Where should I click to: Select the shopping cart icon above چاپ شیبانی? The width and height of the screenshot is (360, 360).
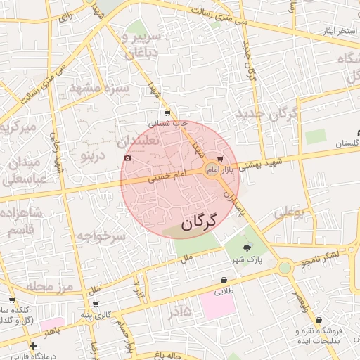(167, 112)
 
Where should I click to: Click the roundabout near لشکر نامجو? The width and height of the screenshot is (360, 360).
(284, 267)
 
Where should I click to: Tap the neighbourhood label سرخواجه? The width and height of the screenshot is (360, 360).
(101, 237)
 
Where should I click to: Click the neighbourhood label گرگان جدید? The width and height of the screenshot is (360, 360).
(268, 112)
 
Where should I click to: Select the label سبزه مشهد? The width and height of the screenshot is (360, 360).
(98, 88)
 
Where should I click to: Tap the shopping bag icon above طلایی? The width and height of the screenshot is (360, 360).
(224, 280)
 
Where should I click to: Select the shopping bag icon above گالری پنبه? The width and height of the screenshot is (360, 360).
(96, 304)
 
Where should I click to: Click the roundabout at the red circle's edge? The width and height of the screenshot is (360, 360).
(212, 169)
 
